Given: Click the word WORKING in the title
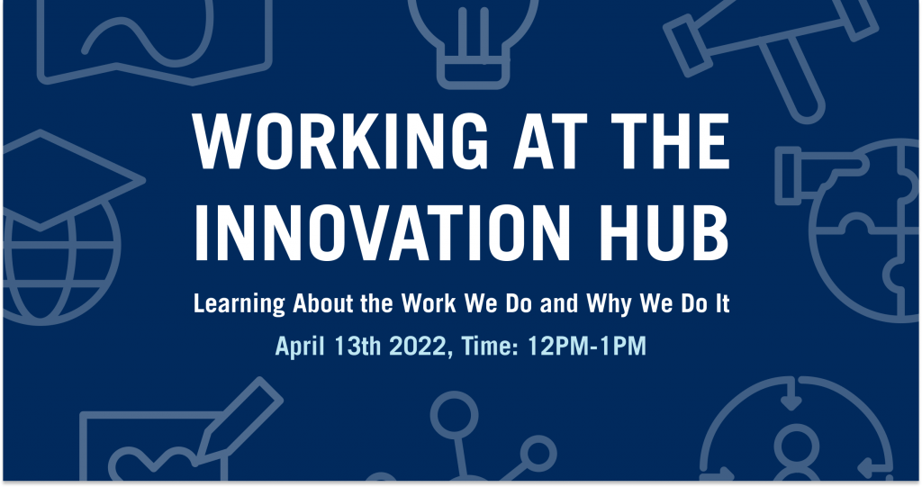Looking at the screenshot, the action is click(x=340, y=141).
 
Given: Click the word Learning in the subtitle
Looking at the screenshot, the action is click(x=240, y=304).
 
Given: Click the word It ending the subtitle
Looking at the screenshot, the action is click(x=722, y=303).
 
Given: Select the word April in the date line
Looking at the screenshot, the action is click(x=300, y=347).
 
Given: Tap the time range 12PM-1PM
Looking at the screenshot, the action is click(x=587, y=346).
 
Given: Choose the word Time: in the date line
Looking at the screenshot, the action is click(x=489, y=346).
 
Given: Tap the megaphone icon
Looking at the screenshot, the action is click(x=771, y=53).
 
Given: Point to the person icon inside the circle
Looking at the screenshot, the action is click(x=796, y=453).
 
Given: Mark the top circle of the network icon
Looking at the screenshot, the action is click(x=454, y=414).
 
